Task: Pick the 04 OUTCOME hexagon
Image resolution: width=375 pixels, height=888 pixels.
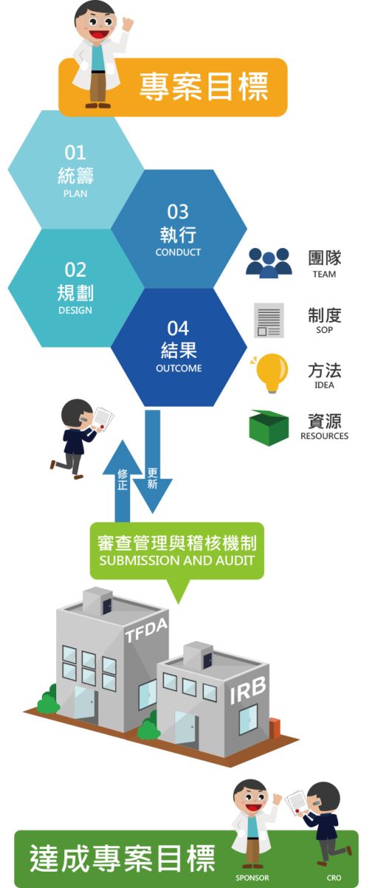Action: click(x=179, y=347)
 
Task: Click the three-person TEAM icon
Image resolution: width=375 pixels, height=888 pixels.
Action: click(x=269, y=263)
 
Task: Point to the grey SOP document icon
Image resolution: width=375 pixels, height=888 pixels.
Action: click(x=268, y=320)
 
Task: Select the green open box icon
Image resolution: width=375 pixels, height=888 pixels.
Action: click(x=268, y=428)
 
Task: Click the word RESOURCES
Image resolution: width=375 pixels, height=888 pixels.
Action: click(x=324, y=436)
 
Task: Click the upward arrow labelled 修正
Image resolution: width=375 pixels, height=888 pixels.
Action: click(x=122, y=480)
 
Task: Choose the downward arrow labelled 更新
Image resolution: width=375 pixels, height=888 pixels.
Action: click(x=152, y=462)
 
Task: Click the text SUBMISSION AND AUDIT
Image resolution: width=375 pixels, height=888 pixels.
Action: click(x=177, y=561)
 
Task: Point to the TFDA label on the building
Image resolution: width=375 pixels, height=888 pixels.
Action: click(x=146, y=630)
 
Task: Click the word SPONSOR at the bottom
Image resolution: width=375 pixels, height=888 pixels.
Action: click(x=252, y=878)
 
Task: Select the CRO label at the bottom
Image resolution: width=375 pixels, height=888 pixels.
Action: click(x=334, y=878)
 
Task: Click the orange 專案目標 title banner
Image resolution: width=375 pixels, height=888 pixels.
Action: click(x=173, y=87)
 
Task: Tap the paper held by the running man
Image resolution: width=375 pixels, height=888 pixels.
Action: click(x=102, y=417)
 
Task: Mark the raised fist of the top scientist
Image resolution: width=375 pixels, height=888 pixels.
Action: click(x=128, y=24)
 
